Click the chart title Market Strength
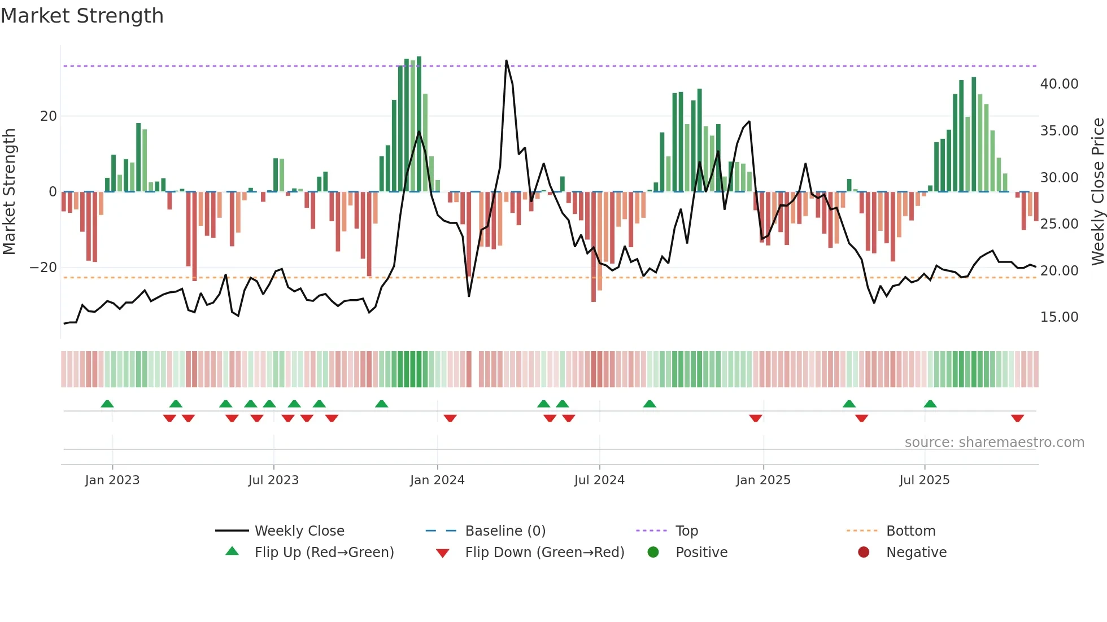tap(82, 16)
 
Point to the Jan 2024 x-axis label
tap(437, 480)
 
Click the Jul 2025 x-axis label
tap(924, 480)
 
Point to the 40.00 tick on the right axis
tap(1059, 84)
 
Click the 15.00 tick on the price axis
tap(1059, 317)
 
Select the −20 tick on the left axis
tap(43, 268)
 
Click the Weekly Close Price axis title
tap(1097, 192)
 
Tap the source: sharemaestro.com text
tap(994, 443)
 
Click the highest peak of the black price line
tap(506, 61)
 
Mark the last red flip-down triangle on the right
tap(1017, 418)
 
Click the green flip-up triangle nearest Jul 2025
tap(930, 404)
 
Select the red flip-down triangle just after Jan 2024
tap(450, 418)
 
